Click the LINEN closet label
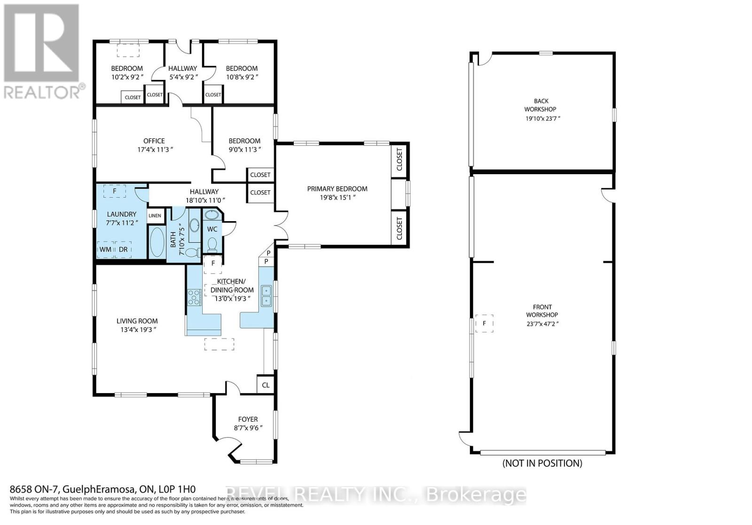[155, 216]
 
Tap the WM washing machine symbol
[105, 249]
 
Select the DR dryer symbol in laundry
[123, 249]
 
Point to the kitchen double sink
[266, 295]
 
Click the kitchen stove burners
[194, 297]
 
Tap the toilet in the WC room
[212, 245]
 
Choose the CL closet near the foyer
[266, 385]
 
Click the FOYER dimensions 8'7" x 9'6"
[248, 428]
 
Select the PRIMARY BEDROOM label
[337, 189]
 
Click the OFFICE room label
[154, 141]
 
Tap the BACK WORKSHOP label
[540, 105]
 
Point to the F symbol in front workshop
[485, 324]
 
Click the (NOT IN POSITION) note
[542, 463]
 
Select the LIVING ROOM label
[137, 321]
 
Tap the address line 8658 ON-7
[103, 489]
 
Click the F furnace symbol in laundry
[115, 191]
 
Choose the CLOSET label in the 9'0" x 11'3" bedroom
[260, 175]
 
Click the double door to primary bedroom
[282, 225]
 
